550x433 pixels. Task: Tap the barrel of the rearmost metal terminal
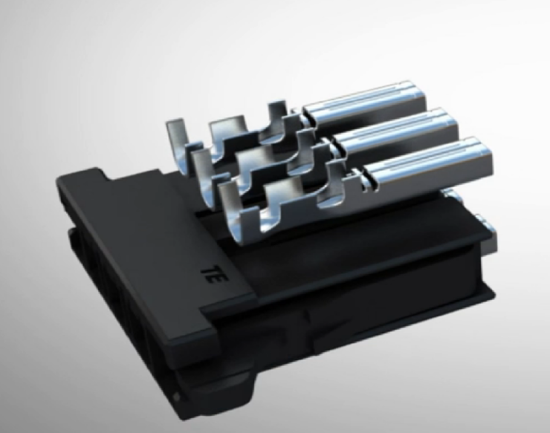[364, 105]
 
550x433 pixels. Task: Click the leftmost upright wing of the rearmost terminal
[175, 134]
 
